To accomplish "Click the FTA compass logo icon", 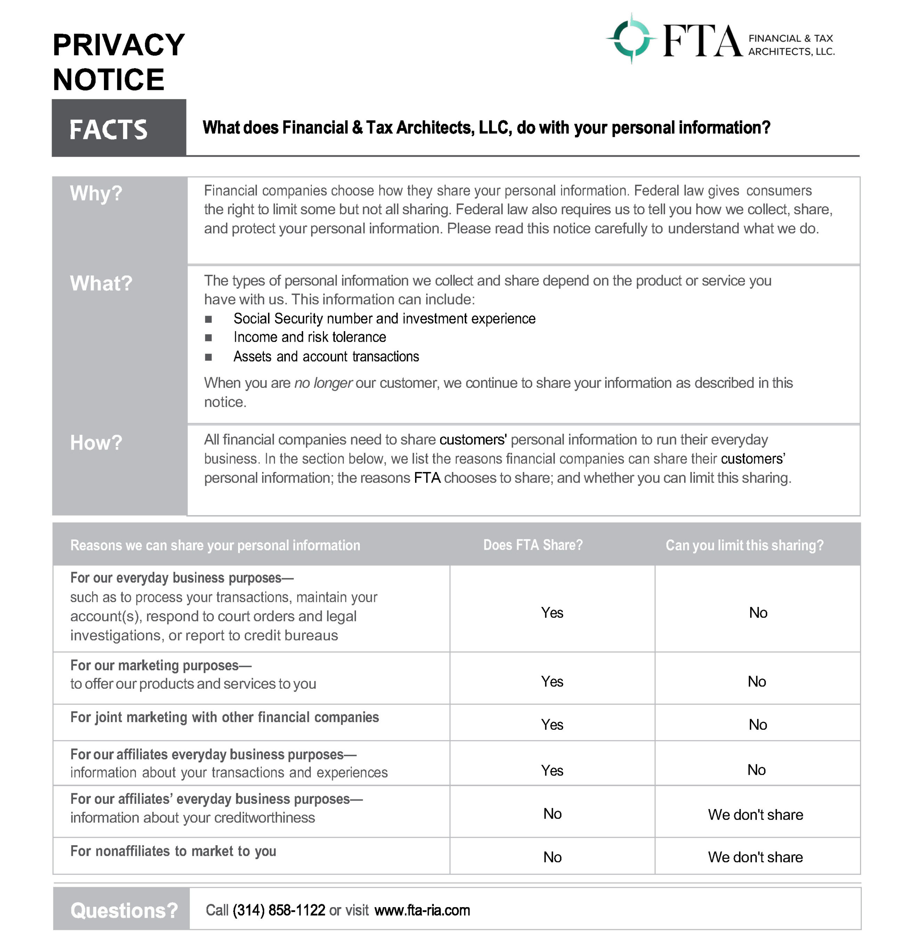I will pyautogui.click(x=631, y=38).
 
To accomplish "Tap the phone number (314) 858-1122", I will pyautogui.click(x=279, y=910).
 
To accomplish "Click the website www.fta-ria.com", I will pyautogui.click(x=422, y=910).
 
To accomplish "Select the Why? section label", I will pyautogui.click(x=96, y=193).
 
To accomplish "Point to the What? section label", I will pyautogui.click(x=101, y=283).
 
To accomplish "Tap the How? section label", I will pyautogui.click(x=96, y=442).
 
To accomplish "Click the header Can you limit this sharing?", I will pyautogui.click(x=744, y=545).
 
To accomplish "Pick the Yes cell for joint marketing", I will pyautogui.click(x=551, y=724).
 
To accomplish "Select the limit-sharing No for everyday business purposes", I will pyautogui.click(x=757, y=612).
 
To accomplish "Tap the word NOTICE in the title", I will pyautogui.click(x=108, y=80).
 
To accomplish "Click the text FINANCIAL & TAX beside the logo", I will pyautogui.click(x=790, y=38).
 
